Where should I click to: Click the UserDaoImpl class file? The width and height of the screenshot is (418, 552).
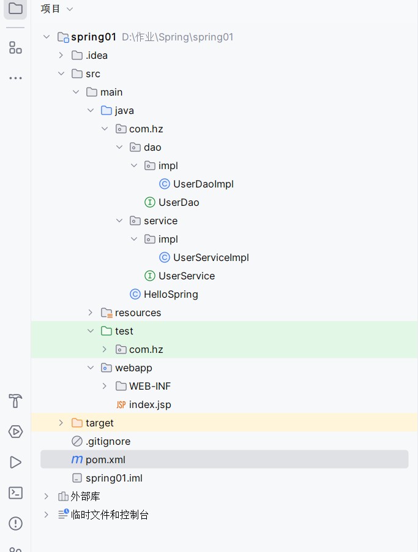pyautogui.click(x=203, y=184)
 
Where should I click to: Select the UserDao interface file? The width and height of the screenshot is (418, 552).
pyautogui.click(x=179, y=202)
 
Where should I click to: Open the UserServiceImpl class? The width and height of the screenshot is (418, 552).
pyautogui.click(x=211, y=257)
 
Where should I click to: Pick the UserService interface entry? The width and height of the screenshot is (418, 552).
pyautogui.click(x=186, y=276)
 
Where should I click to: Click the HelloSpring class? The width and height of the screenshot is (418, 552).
pyautogui.click(x=171, y=294)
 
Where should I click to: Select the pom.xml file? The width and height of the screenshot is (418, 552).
pyautogui.click(x=105, y=459)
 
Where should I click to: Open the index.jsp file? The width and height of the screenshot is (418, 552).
pyautogui.click(x=150, y=404)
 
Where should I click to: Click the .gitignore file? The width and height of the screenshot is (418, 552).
pyautogui.click(x=108, y=441)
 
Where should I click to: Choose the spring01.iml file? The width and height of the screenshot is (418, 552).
pyautogui.click(x=114, y=478)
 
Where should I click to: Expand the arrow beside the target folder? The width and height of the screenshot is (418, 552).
pyautogui.click(x=61, y=423)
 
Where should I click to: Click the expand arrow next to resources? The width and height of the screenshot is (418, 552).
pyautogui.click(x=90, y=312)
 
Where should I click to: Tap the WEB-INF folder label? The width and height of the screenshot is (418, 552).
pyautogui.click(x=150, y=386)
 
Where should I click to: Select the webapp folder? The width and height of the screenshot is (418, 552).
pyautogui.click(x=133, y=368)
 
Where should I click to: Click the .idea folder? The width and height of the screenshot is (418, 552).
pyautogui.click(x=97, y=55)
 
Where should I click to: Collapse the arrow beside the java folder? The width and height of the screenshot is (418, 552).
pyautogui.click(x=90, y=110)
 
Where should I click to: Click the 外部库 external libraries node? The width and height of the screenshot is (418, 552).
pyautogui.click(x=85, y=496)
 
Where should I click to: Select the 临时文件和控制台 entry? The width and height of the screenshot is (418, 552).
pyautogui.click(x=110, y=515)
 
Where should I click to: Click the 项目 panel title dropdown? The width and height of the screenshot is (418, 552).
pyautogui.click(x=56, y=9)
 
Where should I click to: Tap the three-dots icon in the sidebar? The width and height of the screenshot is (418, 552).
pyautogui.click(x=15, y=78)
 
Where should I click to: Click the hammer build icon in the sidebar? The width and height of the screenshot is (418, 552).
pyautogui.click(x=15, y=401)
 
